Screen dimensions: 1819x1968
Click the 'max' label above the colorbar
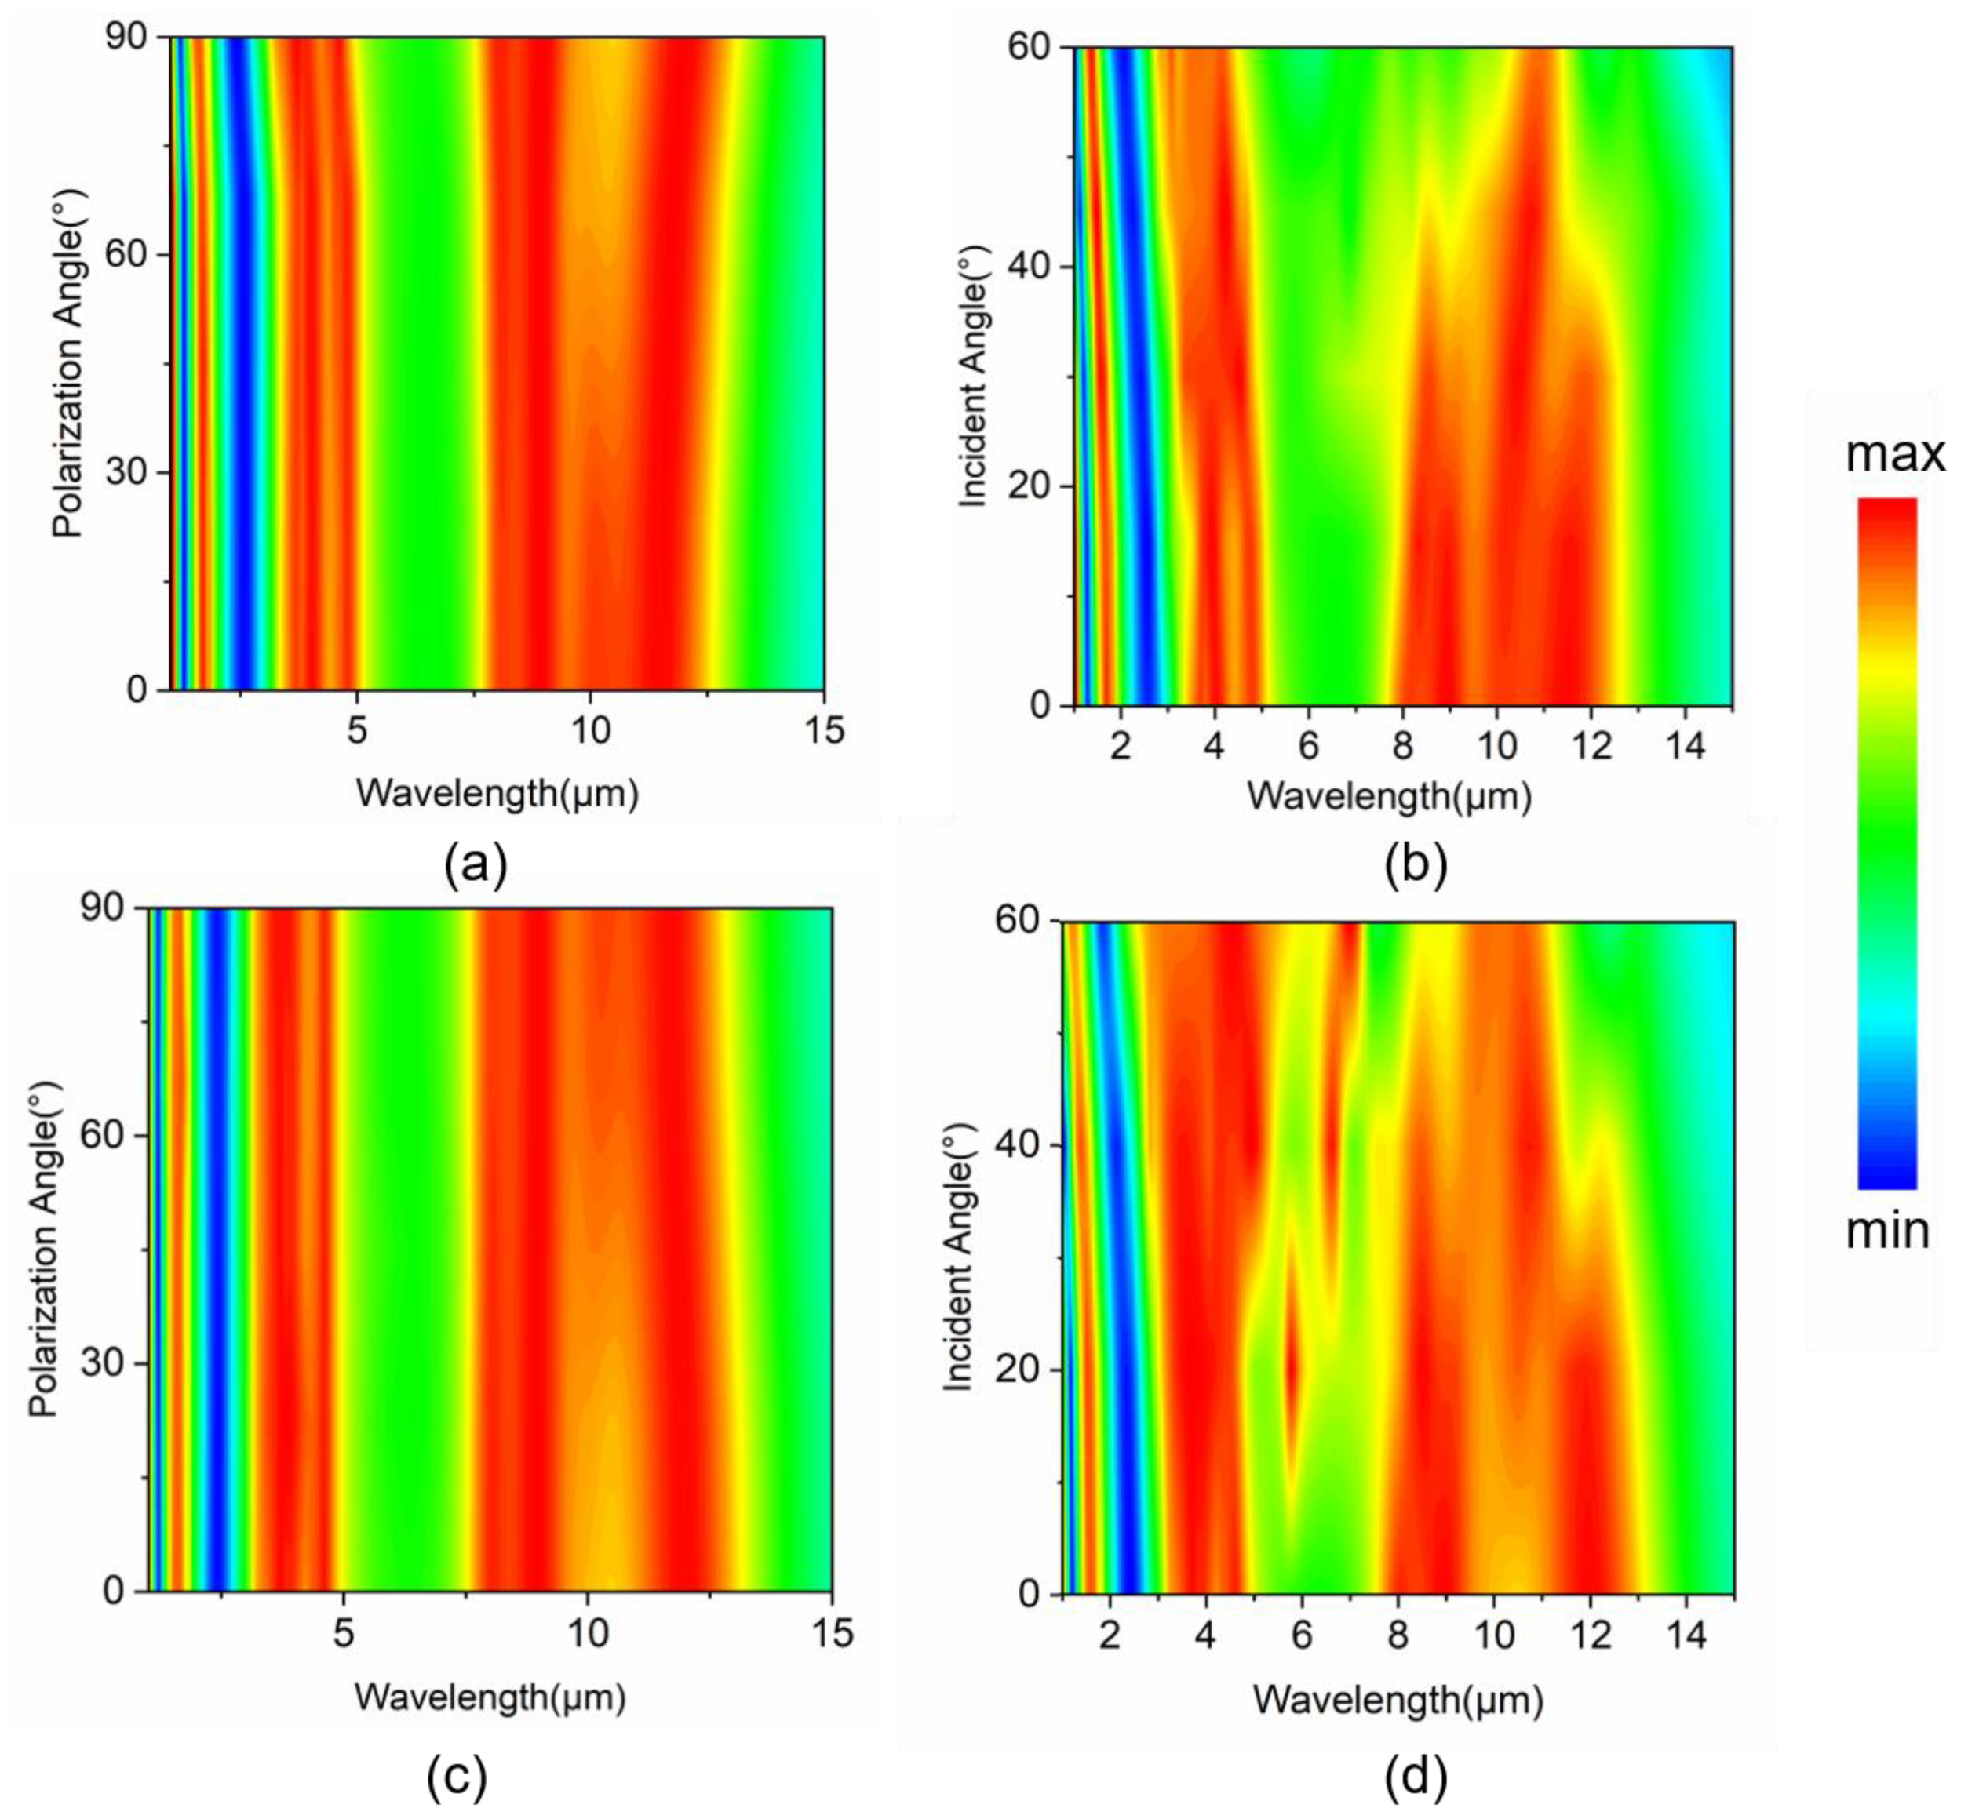[1894, 455]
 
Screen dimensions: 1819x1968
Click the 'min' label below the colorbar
[1886, 1231]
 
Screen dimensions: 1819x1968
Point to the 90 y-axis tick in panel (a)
[126, 38]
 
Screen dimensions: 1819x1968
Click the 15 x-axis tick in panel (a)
[823, 729]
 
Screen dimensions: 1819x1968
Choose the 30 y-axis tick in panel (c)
[104, 1363]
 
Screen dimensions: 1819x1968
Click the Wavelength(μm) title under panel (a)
[497, 792]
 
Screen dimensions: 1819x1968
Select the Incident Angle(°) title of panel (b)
[971, 378]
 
